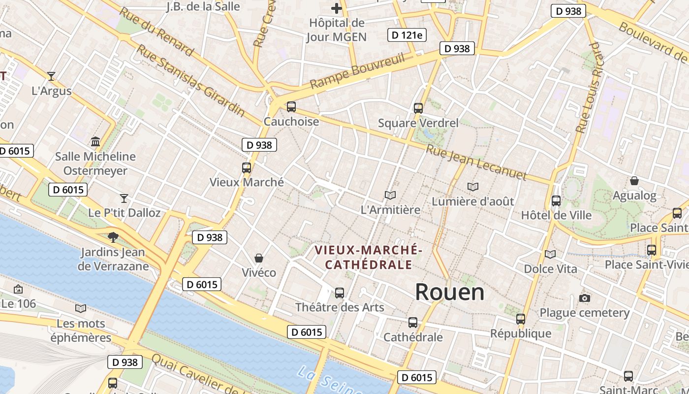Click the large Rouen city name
(x=449, y=292)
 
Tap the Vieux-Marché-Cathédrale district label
(x=369, y=257)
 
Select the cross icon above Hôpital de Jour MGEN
(x=337, y=8)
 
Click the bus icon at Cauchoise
(x=291, y=106)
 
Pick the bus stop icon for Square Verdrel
(x=418, y=108)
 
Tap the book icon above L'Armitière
(x=390, y=196)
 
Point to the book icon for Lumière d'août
(x=473, y=187)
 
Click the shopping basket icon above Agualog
(x=634, y=181)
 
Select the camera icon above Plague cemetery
(x=585, y=298)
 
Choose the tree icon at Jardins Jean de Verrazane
(x=113, y=237)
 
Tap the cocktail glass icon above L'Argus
(x=51, y=76)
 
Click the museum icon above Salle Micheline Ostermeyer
(x=95, y=142)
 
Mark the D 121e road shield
(x=407, y=35)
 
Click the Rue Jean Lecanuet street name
(x=476, y=163)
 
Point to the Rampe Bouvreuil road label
(x=357, y=71)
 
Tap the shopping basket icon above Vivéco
(x=259, y=258)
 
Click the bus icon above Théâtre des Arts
(x=340, y=293)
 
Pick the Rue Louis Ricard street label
(x=589, y=88)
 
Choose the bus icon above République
(x=521, y=319)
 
